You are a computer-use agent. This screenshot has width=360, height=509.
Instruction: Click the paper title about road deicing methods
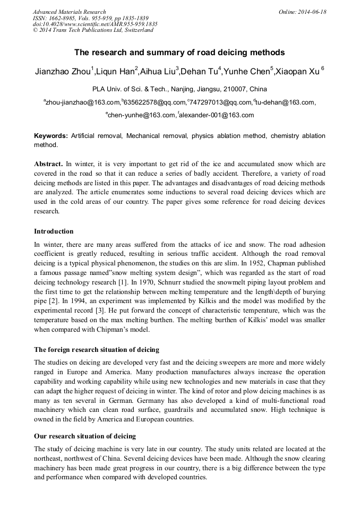(179, 53)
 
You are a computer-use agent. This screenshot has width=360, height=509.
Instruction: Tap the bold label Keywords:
(51, 136)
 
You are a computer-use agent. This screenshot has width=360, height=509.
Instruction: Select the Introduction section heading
(54, 231)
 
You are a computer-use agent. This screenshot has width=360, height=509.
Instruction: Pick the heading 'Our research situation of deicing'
(85, 436)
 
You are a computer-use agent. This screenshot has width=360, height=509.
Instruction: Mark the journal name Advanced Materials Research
(70, 12)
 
